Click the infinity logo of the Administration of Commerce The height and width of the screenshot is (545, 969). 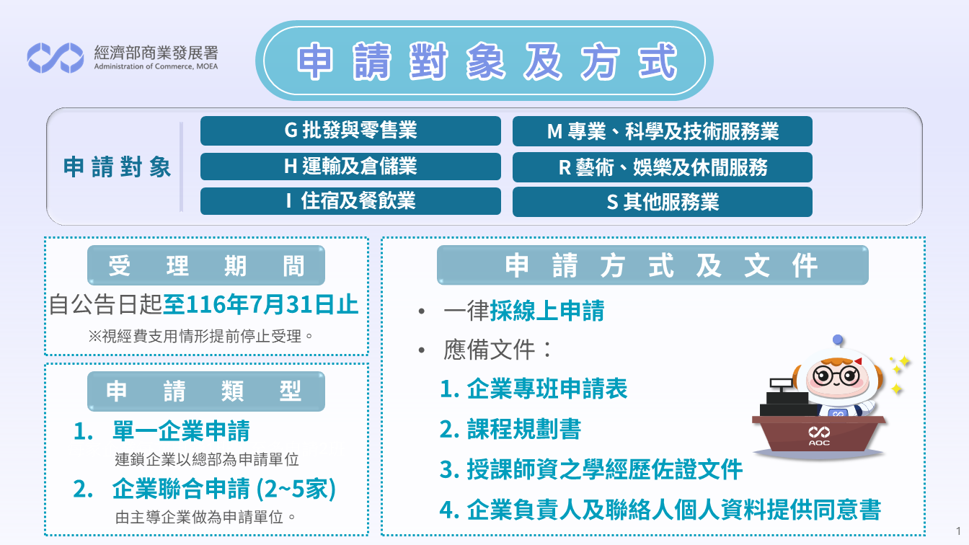(x=56, y=58)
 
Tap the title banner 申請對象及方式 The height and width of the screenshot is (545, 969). (x=484, y=61)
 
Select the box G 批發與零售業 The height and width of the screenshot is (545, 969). (x=350, y=130)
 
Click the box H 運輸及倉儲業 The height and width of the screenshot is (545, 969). (x=350, y=167)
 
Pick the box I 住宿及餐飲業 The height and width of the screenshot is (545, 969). (x=350, y=201)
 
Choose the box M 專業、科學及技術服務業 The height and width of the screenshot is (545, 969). (x=663, y=131)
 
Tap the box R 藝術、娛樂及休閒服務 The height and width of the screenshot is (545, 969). (x=663, y=167)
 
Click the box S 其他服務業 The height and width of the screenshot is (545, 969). (x=663, y=202)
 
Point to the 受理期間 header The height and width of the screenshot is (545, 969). (x=206, y=265)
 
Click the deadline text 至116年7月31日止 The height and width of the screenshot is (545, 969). (x=260, y=304)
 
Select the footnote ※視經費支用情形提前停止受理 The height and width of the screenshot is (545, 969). (x=200, y=336)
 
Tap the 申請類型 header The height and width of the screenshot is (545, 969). (x=206, y=391)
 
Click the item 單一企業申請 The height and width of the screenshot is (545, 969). (x=181, y=431)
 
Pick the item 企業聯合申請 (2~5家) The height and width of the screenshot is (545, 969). (x=224, y=489)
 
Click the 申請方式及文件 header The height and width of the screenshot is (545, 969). (x=652, y=265)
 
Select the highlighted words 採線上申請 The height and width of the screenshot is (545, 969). (x=547, y=311)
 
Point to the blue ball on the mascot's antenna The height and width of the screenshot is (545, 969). (x=838, y=340)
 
